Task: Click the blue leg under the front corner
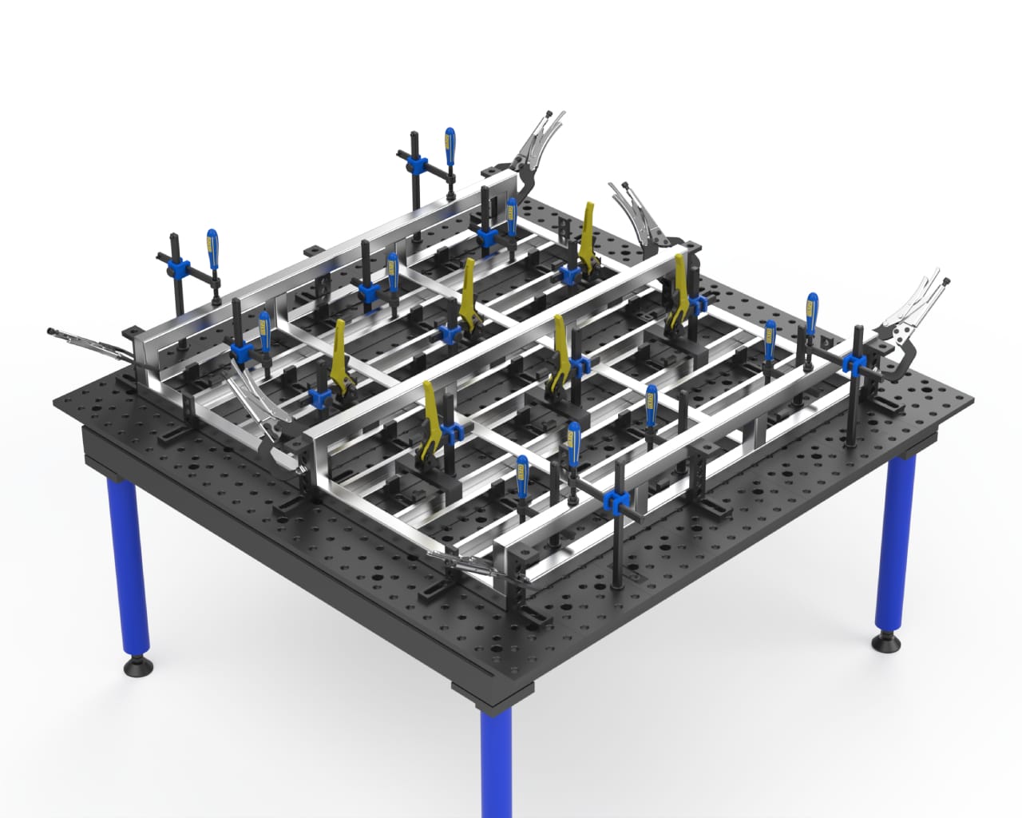[x=495, y=759]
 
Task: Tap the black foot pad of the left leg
[x=137, y=664]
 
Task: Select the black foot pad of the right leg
[x=888, y=641]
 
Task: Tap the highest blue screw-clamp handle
[x=450, y=148]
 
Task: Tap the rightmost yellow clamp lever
[x=681, y=280]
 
